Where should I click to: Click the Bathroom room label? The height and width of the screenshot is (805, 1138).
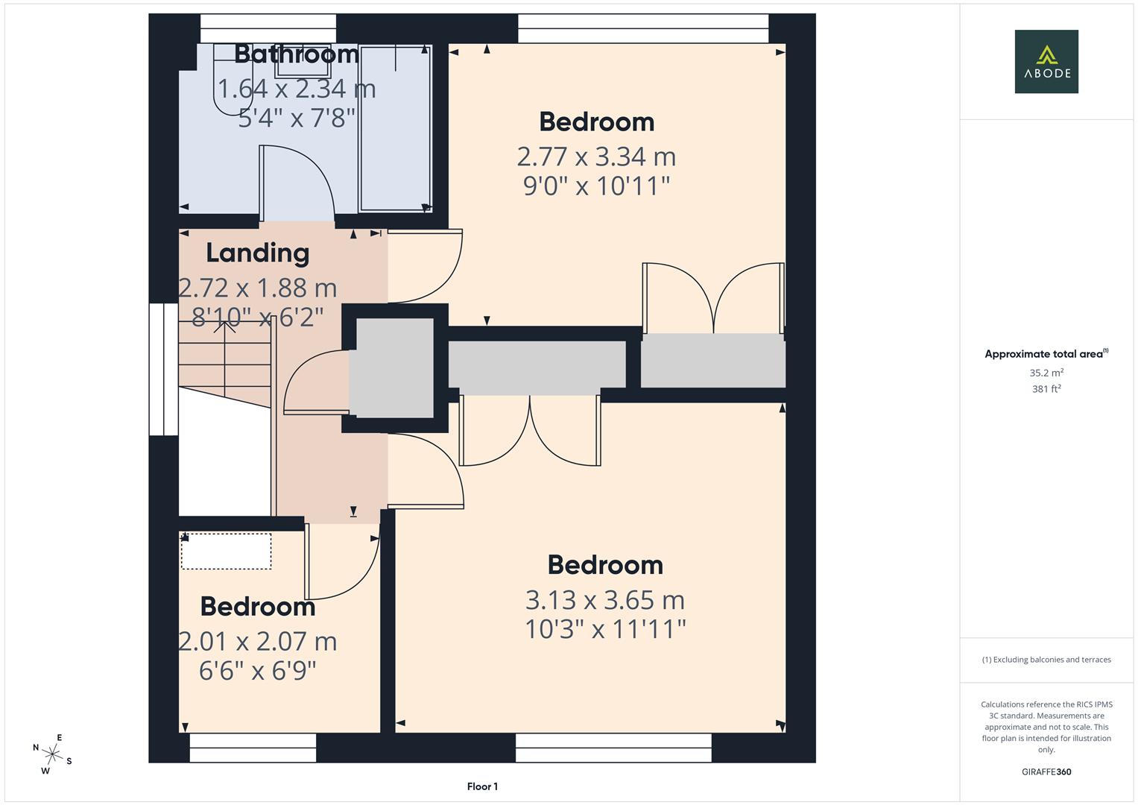point(296,54)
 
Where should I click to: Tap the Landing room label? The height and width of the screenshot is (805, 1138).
point(258,253)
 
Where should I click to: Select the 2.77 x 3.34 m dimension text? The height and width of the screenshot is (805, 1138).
point(596,157)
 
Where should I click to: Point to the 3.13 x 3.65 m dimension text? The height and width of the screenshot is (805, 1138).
point(605,600)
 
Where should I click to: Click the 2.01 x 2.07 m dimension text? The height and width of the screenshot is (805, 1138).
point(258,641)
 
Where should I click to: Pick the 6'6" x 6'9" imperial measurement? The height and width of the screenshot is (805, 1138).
point(258,671)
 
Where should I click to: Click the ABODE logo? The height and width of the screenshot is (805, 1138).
point(1046,61)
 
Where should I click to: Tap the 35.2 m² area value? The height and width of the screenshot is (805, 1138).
point(1046,373)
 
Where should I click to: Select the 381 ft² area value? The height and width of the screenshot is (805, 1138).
point(1046,389)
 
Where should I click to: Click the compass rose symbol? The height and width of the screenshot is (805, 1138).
point(52,754)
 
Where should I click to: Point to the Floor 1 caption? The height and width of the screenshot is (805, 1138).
point(482,786)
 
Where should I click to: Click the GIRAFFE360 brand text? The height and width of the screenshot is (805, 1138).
point(1046,771)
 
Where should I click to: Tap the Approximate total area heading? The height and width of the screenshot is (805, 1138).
point(1046,354)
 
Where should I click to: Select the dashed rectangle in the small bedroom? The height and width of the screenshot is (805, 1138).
point(226,552)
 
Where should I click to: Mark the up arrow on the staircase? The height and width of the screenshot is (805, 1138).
point(224,326)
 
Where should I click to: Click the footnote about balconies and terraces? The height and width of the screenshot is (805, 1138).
point(1046,660)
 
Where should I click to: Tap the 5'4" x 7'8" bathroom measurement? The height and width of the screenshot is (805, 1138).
point(296,118)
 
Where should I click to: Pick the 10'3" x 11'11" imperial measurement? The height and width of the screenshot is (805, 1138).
point(605,629)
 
